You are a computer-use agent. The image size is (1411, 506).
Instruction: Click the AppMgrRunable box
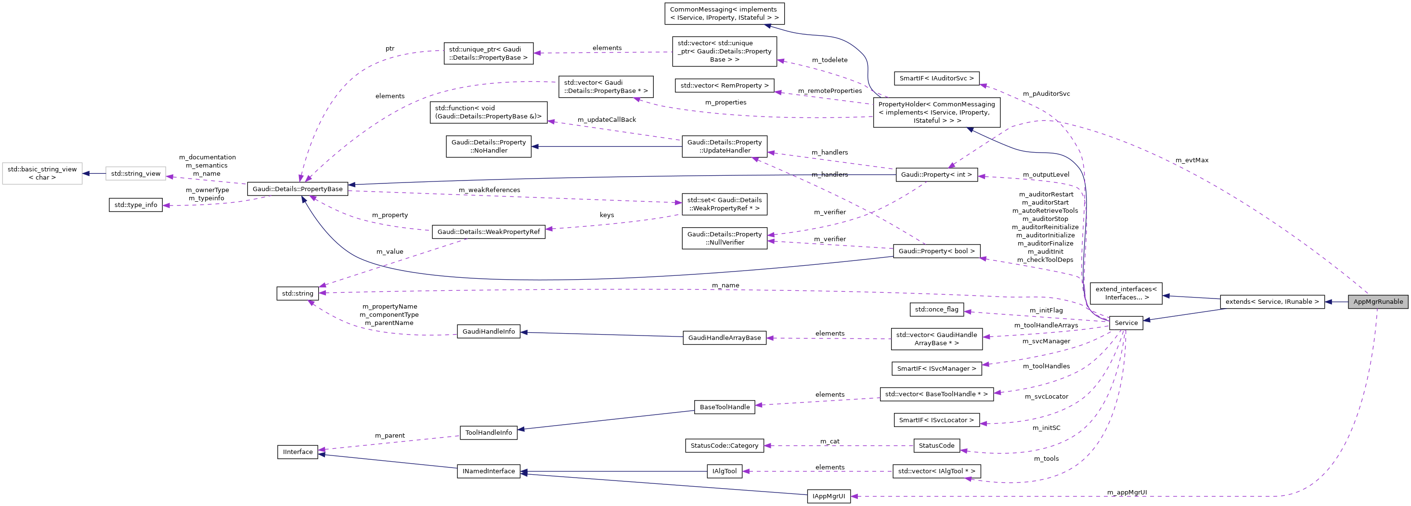coord(1378,302)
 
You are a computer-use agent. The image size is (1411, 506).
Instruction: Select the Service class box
coord(1126,323)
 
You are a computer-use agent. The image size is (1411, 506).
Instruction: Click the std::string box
coord(298,294)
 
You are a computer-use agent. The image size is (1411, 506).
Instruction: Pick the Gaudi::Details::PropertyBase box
coord(298,189)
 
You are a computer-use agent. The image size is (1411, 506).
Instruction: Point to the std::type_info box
coord(135,205)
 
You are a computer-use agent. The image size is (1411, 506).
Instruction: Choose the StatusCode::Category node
coord(724,446)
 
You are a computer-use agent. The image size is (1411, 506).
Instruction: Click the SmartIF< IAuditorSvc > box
coord(936,78)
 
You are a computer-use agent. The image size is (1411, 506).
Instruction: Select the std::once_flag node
coord(936,310)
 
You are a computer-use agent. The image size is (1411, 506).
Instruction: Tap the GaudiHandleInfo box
coord(488,331)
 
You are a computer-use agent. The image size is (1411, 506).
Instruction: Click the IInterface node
coord(298,452)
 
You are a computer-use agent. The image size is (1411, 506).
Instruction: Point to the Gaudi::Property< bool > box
coord(936,251)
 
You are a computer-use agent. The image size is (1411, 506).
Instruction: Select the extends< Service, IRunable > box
coord(1272,302)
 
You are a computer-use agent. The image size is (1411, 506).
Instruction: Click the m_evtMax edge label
coord(1191,160)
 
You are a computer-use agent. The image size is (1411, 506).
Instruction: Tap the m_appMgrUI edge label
coord(1126,493)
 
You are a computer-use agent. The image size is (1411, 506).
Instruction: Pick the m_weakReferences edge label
coord(489,190)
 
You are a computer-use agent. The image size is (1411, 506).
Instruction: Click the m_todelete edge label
coord(829,60)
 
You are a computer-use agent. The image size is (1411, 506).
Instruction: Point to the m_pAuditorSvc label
coord(1046,94)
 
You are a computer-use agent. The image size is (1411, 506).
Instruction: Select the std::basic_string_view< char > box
coord(42,173)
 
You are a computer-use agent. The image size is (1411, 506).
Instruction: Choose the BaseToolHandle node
coord(724,407)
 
